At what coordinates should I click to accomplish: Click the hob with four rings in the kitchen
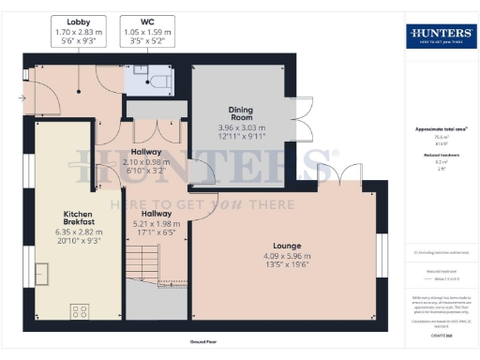(80, 312)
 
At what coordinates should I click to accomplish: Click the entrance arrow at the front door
(22, 96)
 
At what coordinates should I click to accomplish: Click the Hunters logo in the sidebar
(439, 37)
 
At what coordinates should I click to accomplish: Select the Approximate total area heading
(440, 128)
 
